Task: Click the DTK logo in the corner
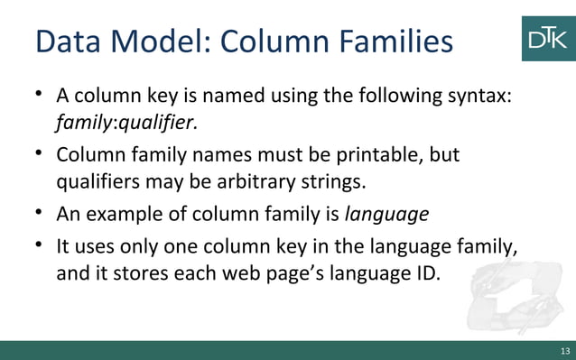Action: pos(548,38)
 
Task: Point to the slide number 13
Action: pos(565,351)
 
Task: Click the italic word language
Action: pos(387,215)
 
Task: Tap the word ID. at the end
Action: pos(425,273)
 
